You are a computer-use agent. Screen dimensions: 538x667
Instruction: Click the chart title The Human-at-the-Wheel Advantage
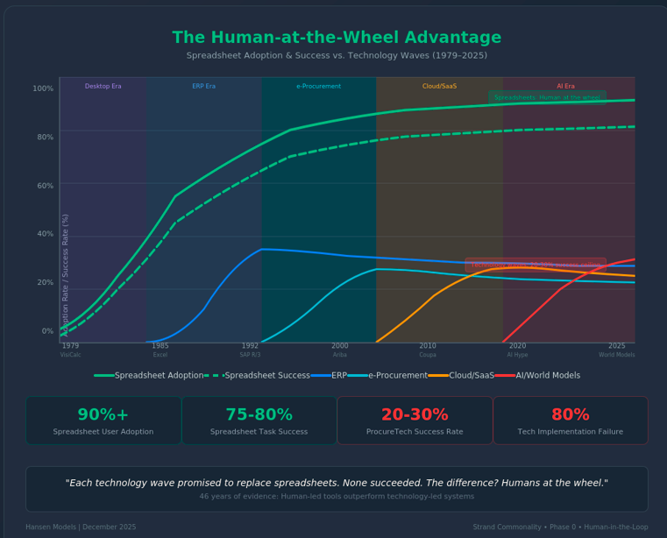pyautogui.click(x=337, y=39)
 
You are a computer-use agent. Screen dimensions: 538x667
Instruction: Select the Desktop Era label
pyautogui.click(x=103, y=87)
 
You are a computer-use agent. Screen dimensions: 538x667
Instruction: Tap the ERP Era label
pyautogui.click(x=204, y=87)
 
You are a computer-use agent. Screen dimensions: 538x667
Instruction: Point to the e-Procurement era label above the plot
pyautogui.click(x=319, y=87)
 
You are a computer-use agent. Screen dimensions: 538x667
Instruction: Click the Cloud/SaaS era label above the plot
pyautogui.click(x=439, y=87)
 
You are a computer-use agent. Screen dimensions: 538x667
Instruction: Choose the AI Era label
pyautogui.click(x=566, y=87)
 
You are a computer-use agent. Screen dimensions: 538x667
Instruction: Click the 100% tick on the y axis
pyautogui.click(x=43, y=88)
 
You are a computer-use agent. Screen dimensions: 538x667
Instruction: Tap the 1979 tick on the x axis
pyautogui.click(x=70, y=346)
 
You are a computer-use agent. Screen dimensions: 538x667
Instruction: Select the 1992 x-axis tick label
pyautogui.click(x=250, y=346)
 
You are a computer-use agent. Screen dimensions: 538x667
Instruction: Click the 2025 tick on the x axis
pyautogui.click(x=617, y=346)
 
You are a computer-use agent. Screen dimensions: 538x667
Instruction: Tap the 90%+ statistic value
pyautogui.click(x=103, y=415)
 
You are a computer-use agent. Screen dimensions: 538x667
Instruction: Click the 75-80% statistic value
pyautogui.click(x=259, y=415)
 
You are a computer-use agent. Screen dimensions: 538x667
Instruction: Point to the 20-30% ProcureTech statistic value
pyautogui.click(x=415, y=415)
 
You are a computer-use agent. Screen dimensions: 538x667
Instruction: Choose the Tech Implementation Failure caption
pyautogui.click(x=571, y=432)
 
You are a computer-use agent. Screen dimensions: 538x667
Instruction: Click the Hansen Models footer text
pyautogui.click(x=81, y=527)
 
